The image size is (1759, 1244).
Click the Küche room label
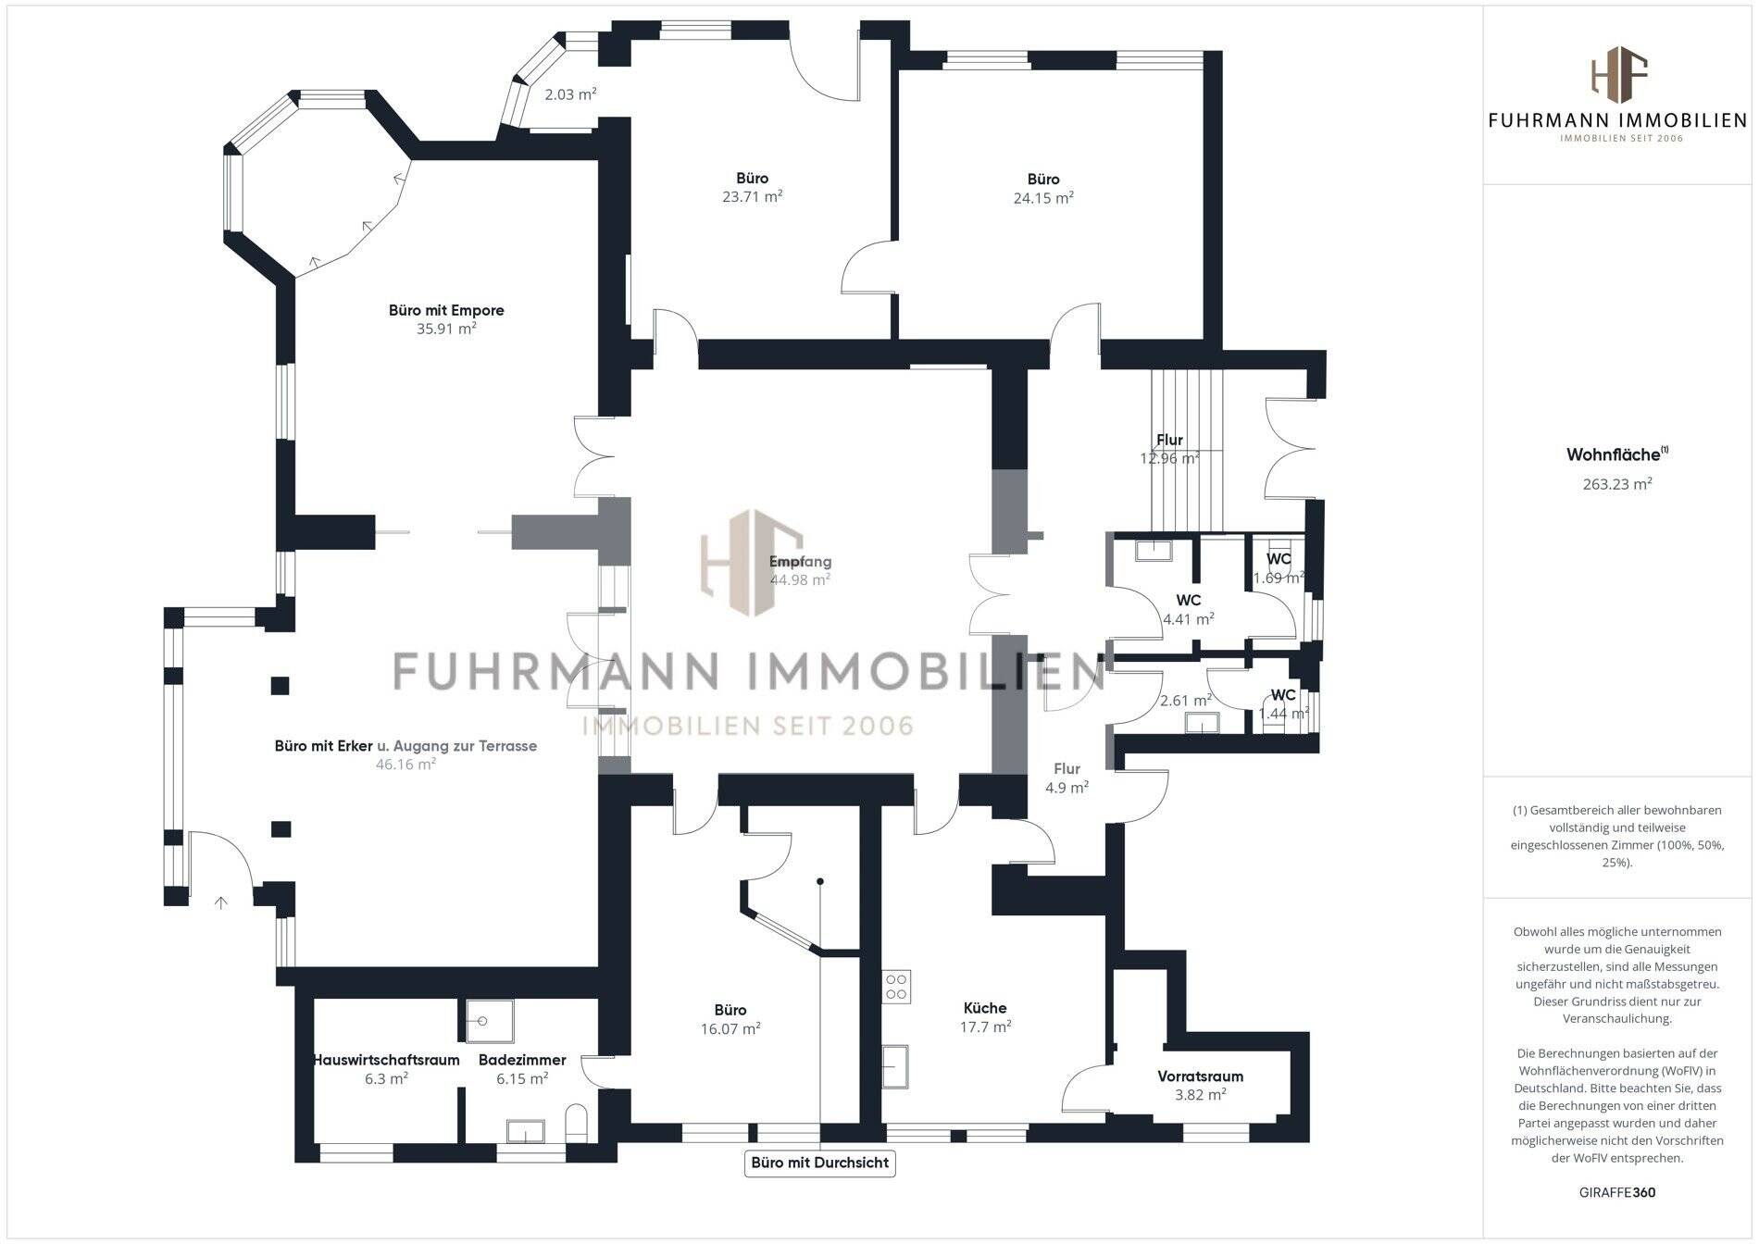[984, 1008]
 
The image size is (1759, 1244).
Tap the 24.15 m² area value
[1043, 197]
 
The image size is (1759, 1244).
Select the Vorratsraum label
[1200, 1076]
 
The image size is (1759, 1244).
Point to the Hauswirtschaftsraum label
[386, 1060]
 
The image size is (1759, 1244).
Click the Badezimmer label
[522, 1060]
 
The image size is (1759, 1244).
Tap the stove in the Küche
[896, 987]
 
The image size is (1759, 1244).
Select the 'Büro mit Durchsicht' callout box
[819, 1163]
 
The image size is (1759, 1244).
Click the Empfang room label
[800, 561]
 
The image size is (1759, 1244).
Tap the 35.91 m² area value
[446, 329]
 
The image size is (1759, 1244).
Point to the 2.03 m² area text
[569, 93]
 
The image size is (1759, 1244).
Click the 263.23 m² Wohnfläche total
[1616, 483]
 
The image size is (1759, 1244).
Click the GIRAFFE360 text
[1616, 1192]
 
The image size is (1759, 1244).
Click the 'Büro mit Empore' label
[446, 310]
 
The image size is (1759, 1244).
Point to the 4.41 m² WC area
[1188, 619]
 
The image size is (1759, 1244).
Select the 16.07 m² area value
[730, 1028]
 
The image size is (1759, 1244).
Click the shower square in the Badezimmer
[489, 1021]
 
